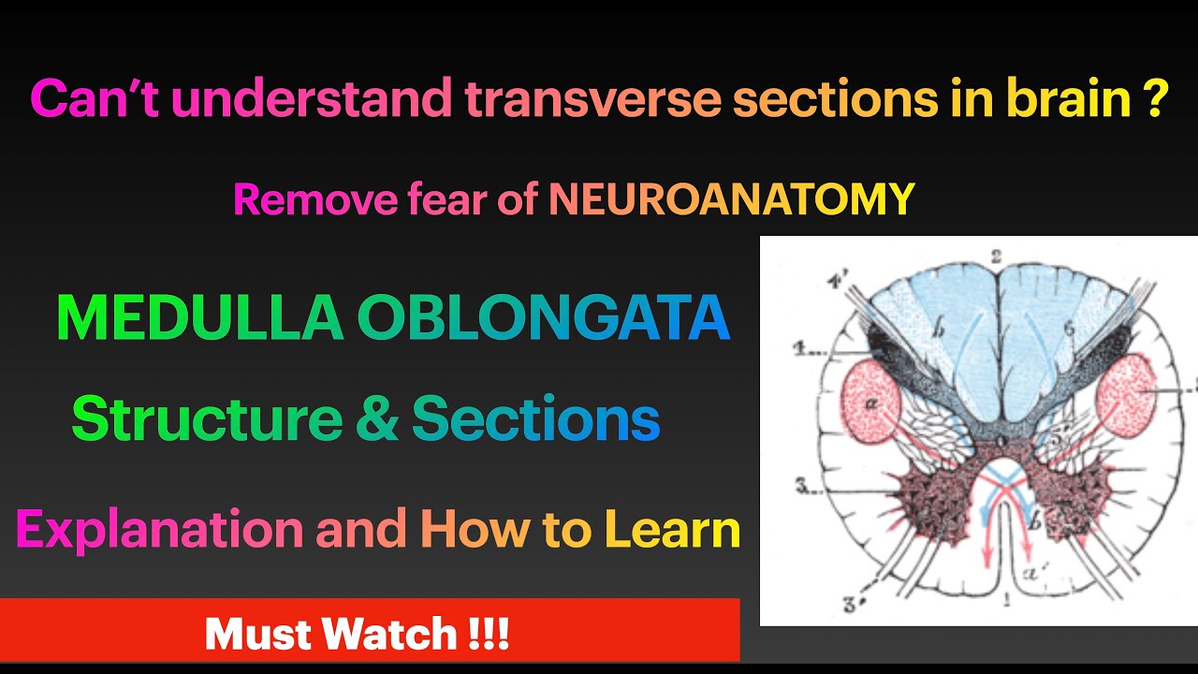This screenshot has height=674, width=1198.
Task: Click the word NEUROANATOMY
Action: click(x=731, y=199)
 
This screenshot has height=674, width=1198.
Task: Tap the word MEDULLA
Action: click(x=198, y=318)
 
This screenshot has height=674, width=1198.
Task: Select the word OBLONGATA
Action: click(x=543, y=318)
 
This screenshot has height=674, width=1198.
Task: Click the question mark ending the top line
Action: click(x=1154, y=98)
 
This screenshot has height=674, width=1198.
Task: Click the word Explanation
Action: click(x=159, y=530)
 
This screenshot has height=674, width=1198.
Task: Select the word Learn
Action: click(x=672, y=530)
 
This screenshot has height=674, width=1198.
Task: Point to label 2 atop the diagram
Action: click(x=998, y=256)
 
